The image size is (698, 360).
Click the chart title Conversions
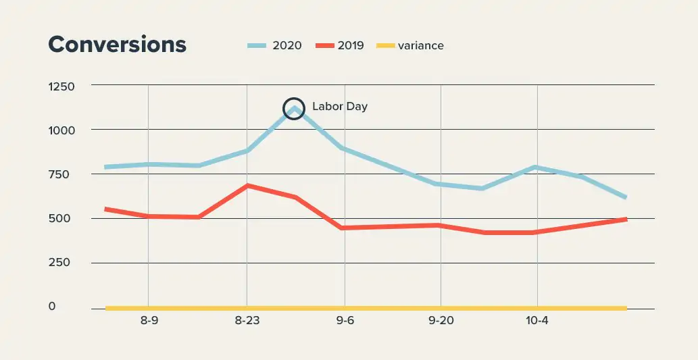117,45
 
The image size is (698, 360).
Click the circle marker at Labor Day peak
294,108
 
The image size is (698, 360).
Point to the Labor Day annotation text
339,107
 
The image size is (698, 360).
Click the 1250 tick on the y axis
61,86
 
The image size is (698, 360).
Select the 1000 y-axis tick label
61,130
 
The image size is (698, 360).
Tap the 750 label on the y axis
62,175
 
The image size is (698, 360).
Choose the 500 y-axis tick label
62,219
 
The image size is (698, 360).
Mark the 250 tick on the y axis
62,263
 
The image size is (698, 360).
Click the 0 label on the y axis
70,307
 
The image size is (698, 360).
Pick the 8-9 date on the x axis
149,321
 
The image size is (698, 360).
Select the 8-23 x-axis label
247,321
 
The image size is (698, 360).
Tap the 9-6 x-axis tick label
345,321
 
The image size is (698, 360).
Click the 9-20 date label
441,321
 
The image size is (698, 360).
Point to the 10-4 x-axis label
537,321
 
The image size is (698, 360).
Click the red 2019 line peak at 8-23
247,185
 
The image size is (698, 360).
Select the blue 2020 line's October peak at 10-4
536,167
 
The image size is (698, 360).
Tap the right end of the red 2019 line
625,220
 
